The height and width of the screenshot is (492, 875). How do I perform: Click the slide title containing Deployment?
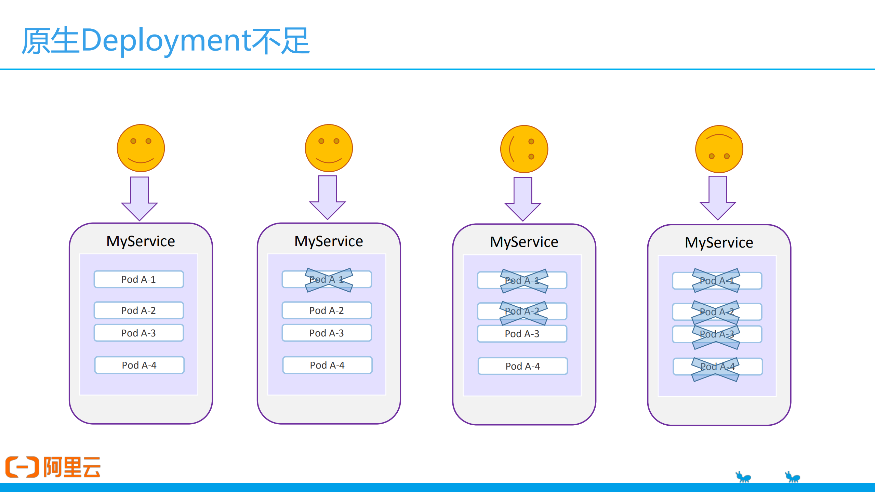coord(166,41)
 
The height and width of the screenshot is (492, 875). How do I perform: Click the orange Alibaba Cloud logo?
coord(53,467)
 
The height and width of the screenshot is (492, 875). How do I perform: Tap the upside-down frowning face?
coord(719,149)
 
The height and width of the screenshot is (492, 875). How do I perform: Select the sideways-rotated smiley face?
coord(524,149)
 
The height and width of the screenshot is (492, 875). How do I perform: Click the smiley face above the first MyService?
coord(141,148)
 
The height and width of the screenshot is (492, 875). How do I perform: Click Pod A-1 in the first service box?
coord(138,279)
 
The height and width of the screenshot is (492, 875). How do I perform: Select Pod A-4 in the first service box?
coord(139,365)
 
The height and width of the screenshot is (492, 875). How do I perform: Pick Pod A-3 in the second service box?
coord(327,333)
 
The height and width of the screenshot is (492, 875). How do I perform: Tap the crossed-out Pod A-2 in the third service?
coord(522,311)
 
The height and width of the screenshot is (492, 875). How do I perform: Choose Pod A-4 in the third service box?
coord(522,366)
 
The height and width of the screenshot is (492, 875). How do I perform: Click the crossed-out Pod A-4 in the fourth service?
coord(717,367)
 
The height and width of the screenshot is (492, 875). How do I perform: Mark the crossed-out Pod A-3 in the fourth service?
coord(717,334)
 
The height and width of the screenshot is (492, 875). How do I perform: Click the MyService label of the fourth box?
coord(719,242)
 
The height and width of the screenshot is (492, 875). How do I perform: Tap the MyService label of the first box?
coord(141,241)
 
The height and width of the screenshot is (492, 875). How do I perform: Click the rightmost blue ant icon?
coord(793,477)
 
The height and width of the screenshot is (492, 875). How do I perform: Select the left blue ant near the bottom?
coord(743,477)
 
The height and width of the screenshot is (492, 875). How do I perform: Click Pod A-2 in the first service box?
coord(138,310)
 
